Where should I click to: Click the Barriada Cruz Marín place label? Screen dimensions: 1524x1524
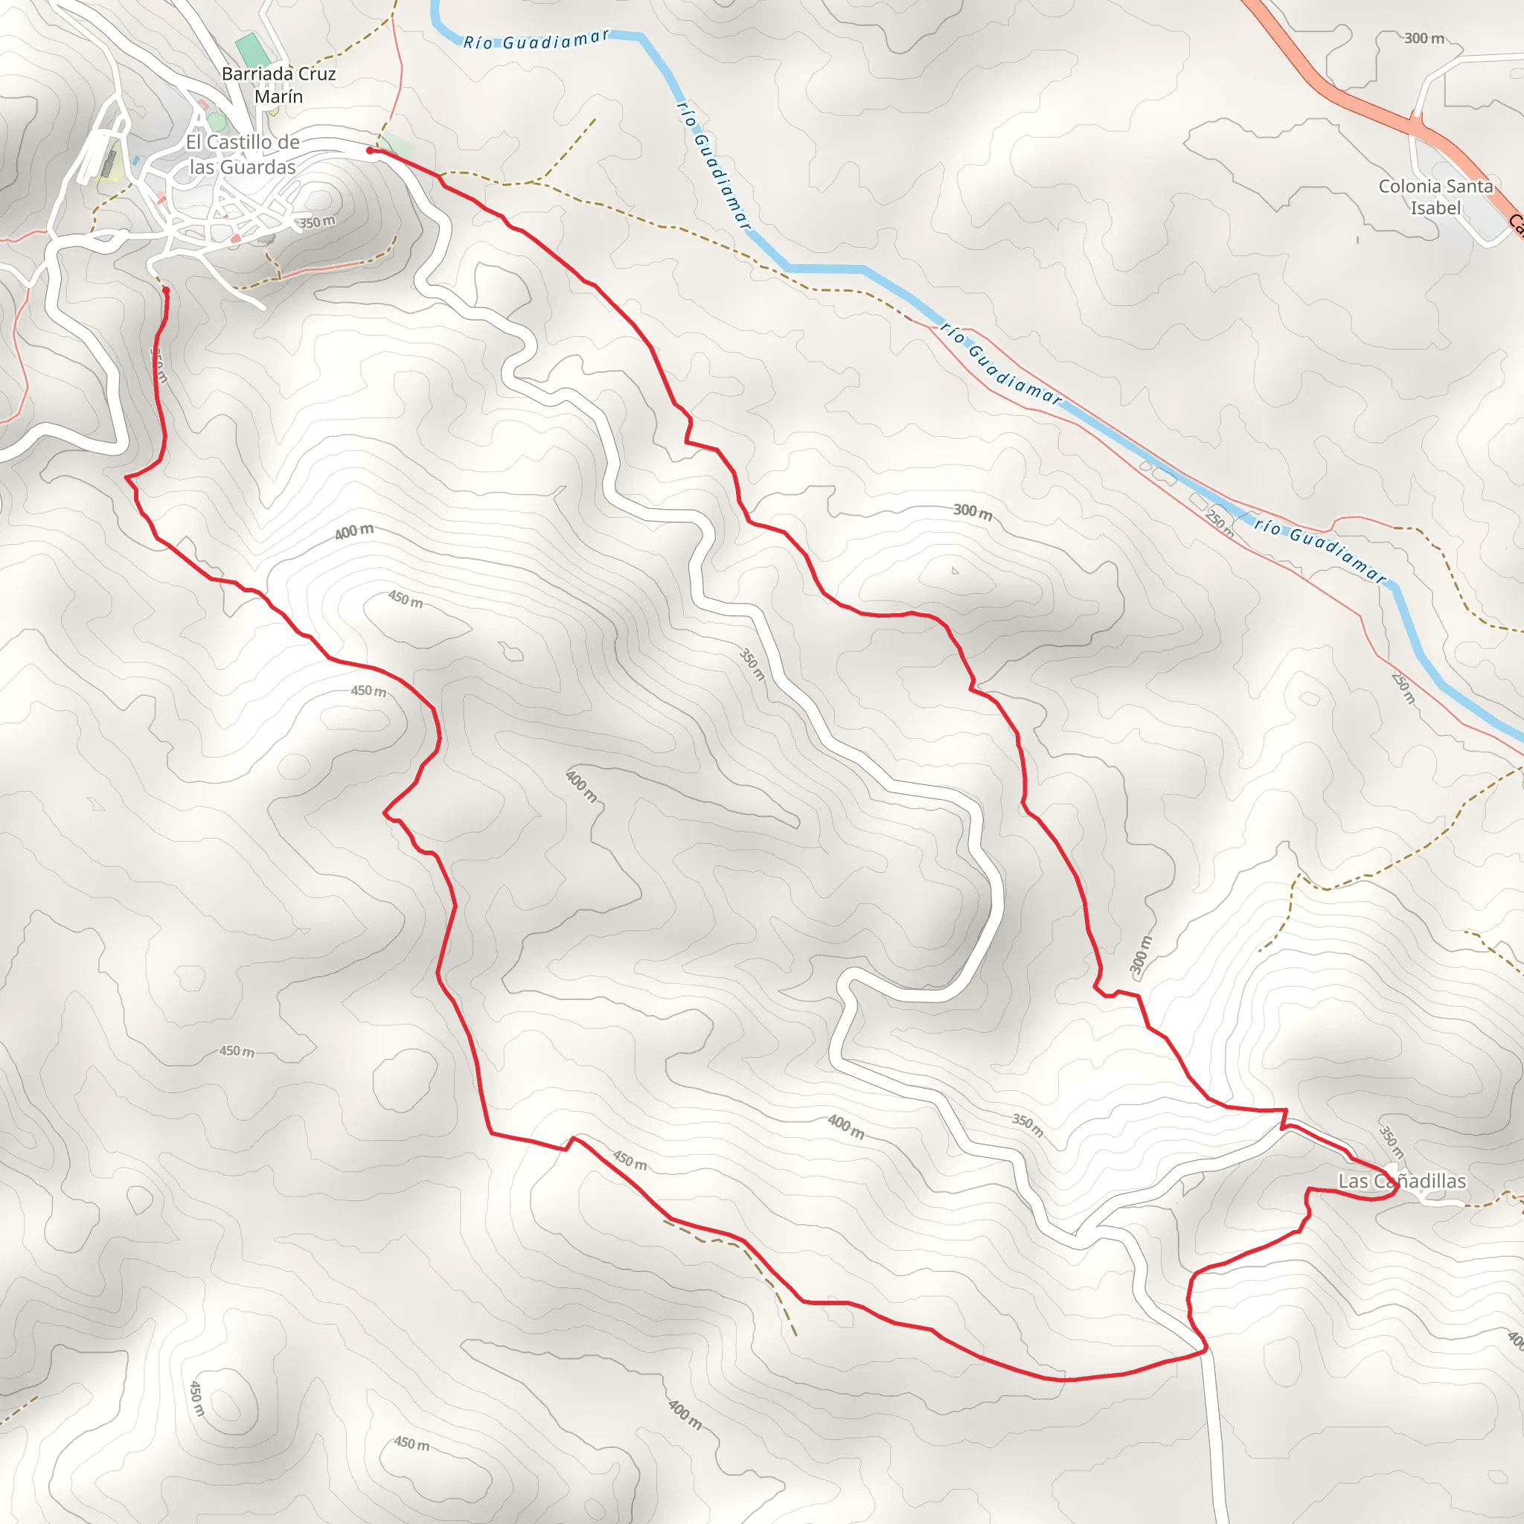[278, 84]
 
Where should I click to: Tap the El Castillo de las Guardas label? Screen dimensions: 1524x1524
[242, 155]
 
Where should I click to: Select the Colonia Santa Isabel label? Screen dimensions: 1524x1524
[1435, 197]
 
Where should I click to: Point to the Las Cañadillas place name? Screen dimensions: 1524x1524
[1402, 1181]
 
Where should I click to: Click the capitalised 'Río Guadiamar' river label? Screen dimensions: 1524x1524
[537, 40]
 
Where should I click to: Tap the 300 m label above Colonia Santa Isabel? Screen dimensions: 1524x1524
[1424, 38]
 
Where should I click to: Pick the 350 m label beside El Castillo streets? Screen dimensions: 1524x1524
[317, 222]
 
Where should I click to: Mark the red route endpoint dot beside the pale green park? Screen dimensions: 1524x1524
[370, 150]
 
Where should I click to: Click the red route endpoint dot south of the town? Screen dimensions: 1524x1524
[166, 290]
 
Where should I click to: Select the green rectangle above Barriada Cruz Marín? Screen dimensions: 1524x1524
[249, 49]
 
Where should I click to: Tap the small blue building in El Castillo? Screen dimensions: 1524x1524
[135, 161]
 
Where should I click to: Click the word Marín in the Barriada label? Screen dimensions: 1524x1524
[278, 96]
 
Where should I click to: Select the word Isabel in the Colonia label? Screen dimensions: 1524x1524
[1435, 208]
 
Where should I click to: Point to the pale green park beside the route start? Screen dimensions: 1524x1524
[398, 145]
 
